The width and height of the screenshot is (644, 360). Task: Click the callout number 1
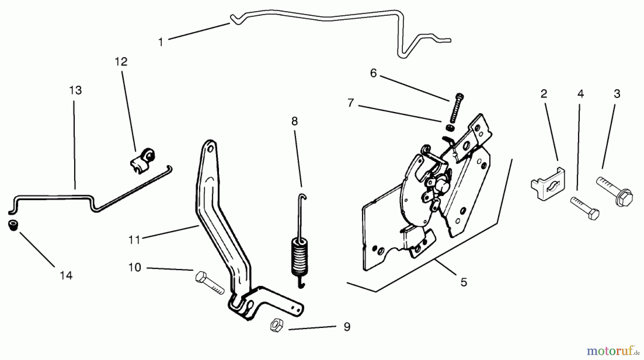161,42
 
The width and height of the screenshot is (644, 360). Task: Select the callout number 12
121,62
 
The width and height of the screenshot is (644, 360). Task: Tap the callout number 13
75,90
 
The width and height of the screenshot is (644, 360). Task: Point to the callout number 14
66,276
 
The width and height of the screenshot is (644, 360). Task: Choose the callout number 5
464,282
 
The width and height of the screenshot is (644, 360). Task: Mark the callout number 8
294,122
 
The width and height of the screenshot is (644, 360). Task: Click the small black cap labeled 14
13,226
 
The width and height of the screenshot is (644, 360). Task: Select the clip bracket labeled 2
548,184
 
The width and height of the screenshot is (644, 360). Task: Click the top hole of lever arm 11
210,148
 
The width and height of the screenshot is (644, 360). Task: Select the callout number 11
134,240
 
